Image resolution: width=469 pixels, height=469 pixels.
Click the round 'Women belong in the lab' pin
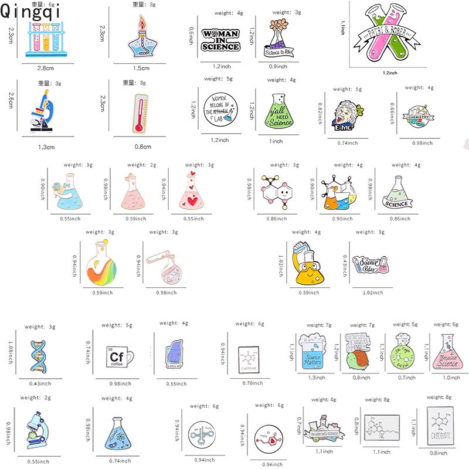coord(220,110)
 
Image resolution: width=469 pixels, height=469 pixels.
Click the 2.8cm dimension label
coord(46,69)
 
